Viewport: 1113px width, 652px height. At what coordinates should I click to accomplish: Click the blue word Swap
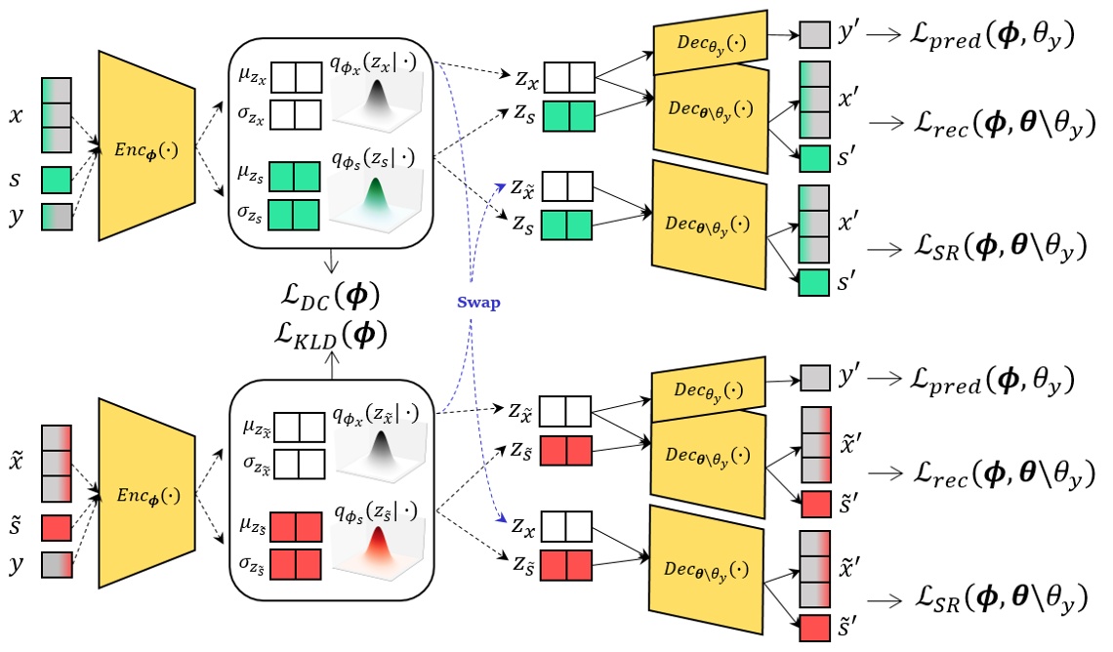[478, 303]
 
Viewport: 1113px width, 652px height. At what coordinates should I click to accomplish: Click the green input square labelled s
[56, 180]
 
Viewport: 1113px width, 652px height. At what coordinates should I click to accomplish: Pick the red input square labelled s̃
[56, 528]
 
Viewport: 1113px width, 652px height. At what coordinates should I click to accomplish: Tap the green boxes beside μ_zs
[295, 177]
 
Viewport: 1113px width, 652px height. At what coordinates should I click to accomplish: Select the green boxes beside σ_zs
[295, 214]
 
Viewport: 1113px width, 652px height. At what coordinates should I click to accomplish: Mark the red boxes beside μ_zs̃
[295, 527]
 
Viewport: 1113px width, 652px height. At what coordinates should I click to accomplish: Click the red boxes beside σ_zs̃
[295, 564]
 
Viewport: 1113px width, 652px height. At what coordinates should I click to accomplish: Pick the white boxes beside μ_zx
[295, 76]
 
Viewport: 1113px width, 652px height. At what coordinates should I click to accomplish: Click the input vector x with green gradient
[56, 115]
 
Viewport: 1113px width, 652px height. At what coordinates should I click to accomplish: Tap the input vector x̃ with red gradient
[56, 463]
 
